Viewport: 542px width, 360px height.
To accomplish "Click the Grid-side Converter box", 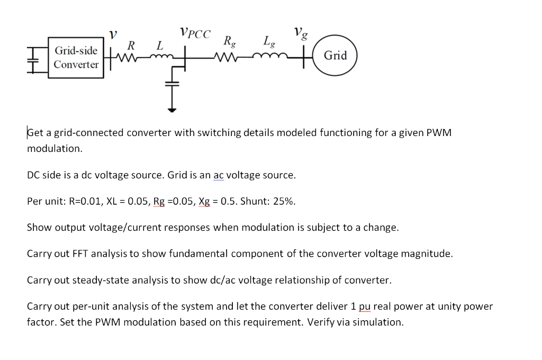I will pyautogui.click(x=76, y=58).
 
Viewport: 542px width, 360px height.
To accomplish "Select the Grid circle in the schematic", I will pyautogui.click(x=335, y=55).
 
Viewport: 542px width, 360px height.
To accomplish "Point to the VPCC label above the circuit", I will pyautogui.click(x=194, y=34).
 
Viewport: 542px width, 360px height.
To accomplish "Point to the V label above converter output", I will pyautogui.click(x=112, y=34).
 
